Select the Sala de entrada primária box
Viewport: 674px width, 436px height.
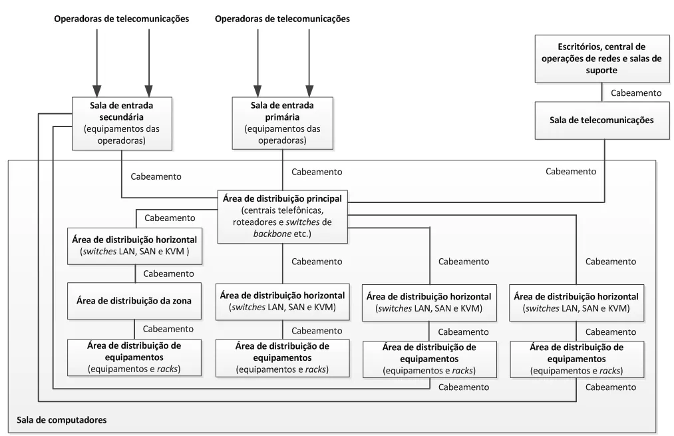tap(282, 122)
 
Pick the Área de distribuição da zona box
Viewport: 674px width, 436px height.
tap(135, 301)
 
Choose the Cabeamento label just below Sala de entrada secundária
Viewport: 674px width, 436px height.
tap(157, 177)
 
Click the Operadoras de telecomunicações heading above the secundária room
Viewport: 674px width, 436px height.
tap(121, 19)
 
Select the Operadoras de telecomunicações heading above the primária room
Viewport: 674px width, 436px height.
tap(282, 19)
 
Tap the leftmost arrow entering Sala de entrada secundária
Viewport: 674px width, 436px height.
tap(96, 60)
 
